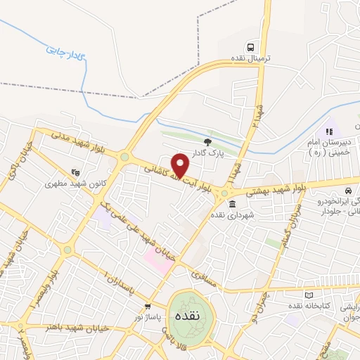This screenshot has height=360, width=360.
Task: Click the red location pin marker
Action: (x=181, y=166)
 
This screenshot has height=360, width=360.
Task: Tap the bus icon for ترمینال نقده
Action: (x=261, y=48)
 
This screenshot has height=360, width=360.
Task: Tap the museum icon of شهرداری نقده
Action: (x=232, y=204)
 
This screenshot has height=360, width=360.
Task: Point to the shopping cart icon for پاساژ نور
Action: (x=148, y=307)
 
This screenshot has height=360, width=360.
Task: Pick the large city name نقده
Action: (x=192, y=315)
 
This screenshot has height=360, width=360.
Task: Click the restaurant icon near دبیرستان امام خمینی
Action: (x=328, y=131)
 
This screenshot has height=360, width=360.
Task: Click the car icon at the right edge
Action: (x=349, y=191)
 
